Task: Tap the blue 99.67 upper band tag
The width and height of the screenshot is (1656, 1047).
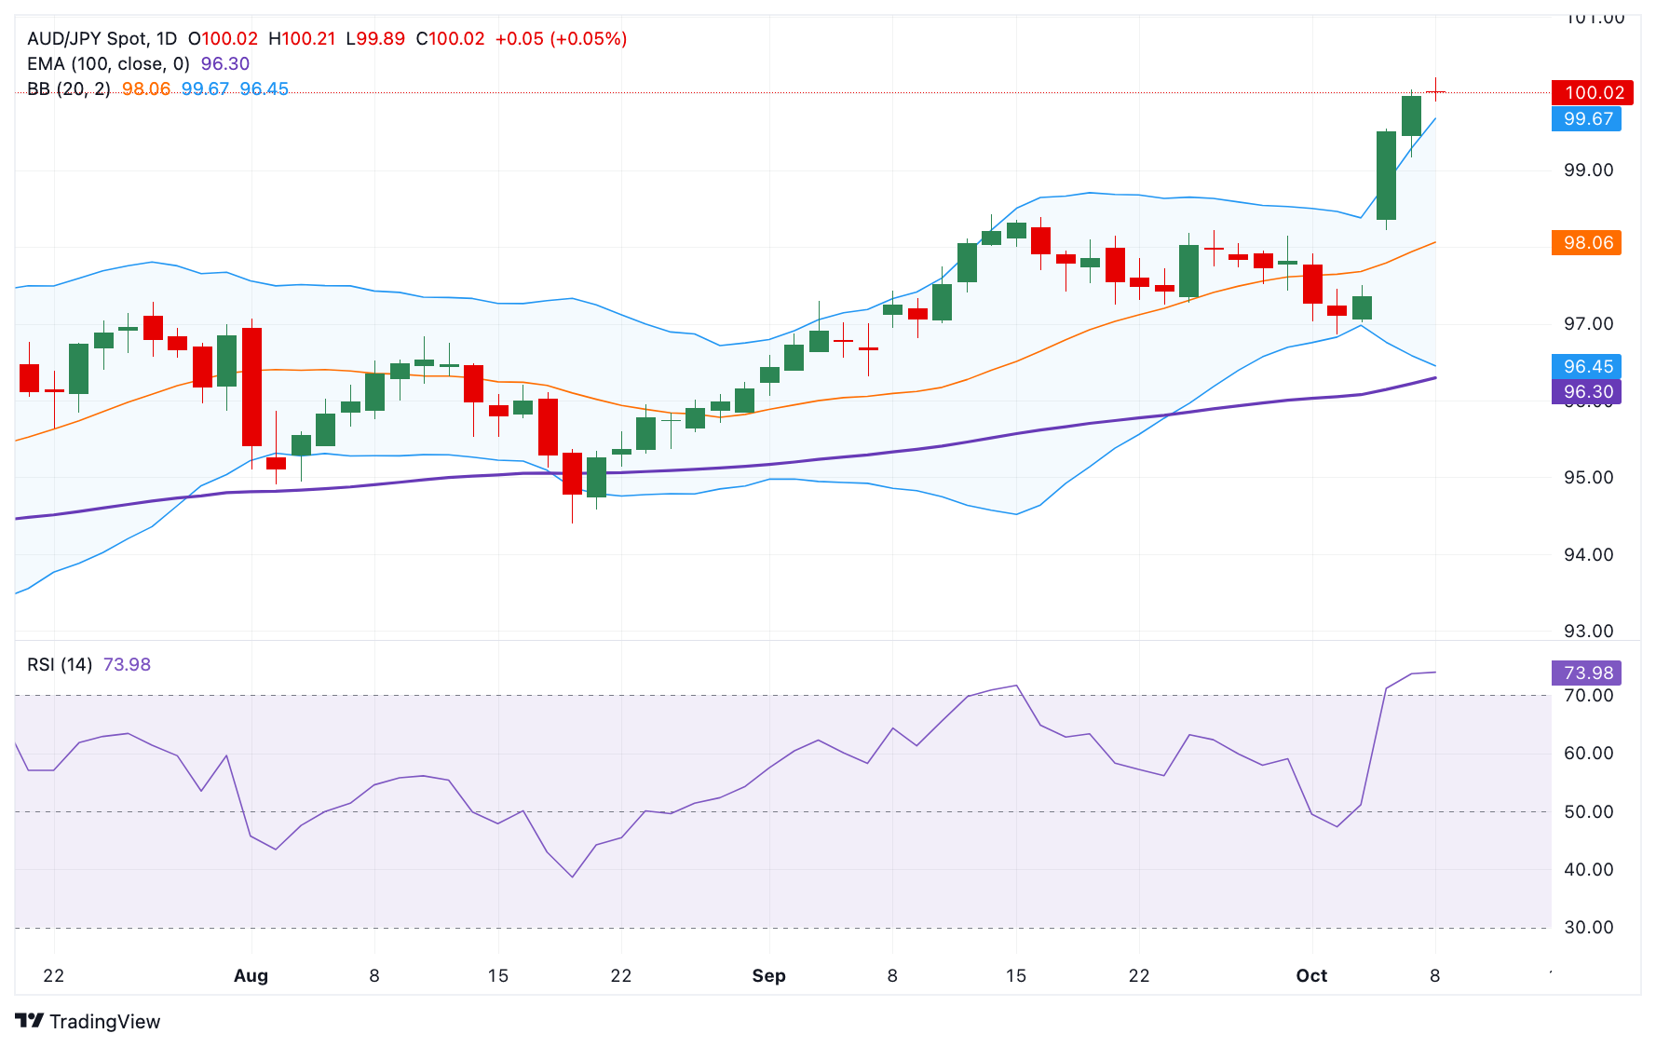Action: pyautogui.click(x=1586, y=119)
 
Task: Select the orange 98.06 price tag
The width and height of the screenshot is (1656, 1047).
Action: pyautogui.click(x=1586, y=243)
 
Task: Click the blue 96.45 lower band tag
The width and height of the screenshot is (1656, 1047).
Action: pyautogui.click(x=1586, y=367)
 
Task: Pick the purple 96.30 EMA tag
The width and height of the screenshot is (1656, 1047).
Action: pyautogui.click(x=1586, y=392)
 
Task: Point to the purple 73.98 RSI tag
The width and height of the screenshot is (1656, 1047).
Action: pyautogui.click(x=1586, y=673)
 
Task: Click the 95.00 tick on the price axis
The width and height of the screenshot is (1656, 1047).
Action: pyautogui.click(x=1588, y=478)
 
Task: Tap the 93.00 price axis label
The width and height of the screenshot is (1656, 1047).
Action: pyautogui.click(x=1588, y=632)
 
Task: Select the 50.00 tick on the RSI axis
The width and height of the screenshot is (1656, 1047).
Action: pyautogui.click(x=1588, y=812)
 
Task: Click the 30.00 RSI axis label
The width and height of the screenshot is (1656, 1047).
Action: pyautogui.click(x=1588, y=928)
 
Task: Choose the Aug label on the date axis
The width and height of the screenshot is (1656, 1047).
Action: pyautogui.click(x=251, y=976)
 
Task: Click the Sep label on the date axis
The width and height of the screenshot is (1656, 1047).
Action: pyautogui.click(x=768, y=976)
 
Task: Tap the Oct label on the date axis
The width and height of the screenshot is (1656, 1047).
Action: pyautogui.click(x=1311, y=976)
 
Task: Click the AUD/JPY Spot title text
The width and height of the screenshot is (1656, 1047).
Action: pyautogui.click(x=102, y=39)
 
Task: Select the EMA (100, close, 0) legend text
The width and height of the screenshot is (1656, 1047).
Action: pyautogui.click(x=108, y=64)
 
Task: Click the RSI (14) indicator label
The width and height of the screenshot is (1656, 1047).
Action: pyautogui.click(x=60, y=665)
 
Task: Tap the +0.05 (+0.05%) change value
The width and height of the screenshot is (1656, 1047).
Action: pyautogui.click(x=561, y=39)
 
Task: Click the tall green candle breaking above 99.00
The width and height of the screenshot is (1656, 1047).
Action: pyautogui.click(x=1386, y=176)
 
